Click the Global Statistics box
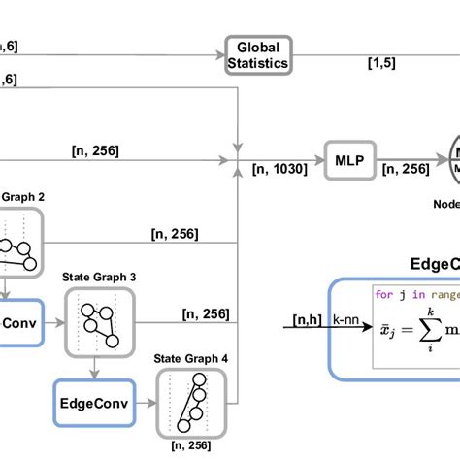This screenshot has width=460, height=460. tap(257, 56)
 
